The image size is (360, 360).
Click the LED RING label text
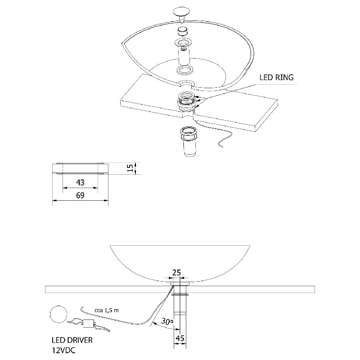276,77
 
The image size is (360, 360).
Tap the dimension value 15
130,168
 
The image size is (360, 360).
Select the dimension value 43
80,183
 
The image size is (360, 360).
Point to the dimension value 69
80,196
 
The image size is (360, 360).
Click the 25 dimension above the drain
177,273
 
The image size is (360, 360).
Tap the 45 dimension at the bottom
180,337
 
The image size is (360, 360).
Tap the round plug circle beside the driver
58,314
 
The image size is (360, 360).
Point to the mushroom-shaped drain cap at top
181,12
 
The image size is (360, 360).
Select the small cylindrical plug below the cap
183,32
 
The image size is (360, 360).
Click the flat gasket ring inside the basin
184,71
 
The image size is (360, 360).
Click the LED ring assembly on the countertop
186,101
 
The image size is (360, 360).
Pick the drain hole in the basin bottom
185,84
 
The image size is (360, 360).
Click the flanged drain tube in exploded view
184,52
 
